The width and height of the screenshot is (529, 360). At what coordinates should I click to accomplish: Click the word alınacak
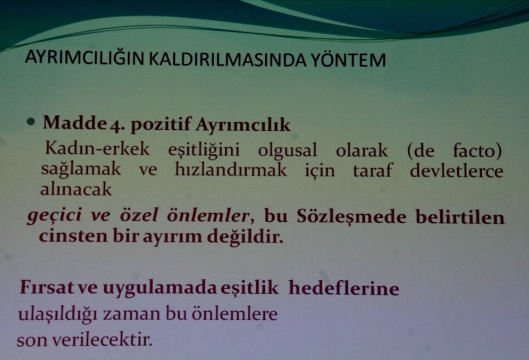(x=76, y=189)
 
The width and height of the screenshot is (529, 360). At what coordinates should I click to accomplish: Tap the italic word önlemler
(x=212, y=215)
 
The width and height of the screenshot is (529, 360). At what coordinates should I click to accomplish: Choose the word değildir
(x=248, y=236)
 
